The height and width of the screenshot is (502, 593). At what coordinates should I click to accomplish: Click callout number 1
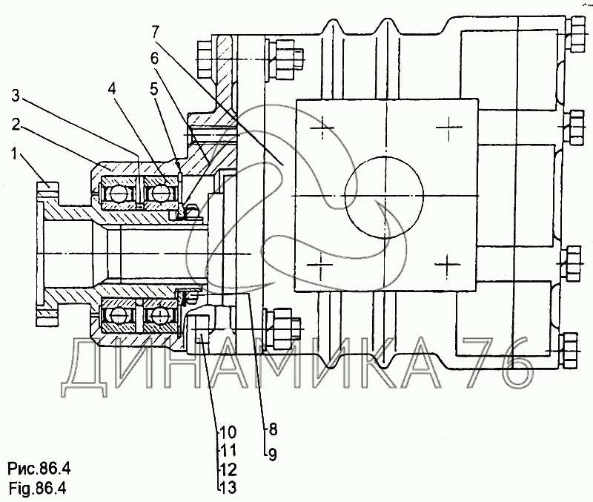(x=14, y=154)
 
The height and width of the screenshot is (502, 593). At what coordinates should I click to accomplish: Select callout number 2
(x=16, y=125)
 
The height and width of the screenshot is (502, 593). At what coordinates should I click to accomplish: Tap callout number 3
(x=16, y=96)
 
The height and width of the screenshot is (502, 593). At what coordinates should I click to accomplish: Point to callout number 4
(x=112, y=89)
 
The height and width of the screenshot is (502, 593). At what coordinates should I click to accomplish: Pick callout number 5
(x=153, y=89)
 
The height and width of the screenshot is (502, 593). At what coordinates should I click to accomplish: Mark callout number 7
(x=156, y=32)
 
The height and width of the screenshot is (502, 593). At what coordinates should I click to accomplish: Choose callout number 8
(x=273, y=430)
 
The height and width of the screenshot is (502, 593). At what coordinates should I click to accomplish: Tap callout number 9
(x=273, y=455)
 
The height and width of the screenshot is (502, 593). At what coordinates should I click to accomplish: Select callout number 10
(x=228, y=432)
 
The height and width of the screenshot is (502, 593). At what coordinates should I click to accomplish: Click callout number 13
(x=228, y=487)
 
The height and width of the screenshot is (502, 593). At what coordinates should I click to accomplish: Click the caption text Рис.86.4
(x=39, y=469)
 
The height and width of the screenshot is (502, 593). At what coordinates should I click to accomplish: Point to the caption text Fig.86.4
(x=37, y=489)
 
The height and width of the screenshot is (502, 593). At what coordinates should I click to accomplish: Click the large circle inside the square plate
(x=384, y=196)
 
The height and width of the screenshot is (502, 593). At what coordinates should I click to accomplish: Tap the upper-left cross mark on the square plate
(x=322, y=128)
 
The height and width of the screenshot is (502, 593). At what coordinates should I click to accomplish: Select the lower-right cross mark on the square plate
(x=448, y=265)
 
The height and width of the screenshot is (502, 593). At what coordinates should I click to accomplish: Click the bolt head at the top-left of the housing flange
(x=205, y=60)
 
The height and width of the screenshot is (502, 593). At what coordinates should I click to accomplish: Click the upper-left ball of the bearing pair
(x=117, y=194)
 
